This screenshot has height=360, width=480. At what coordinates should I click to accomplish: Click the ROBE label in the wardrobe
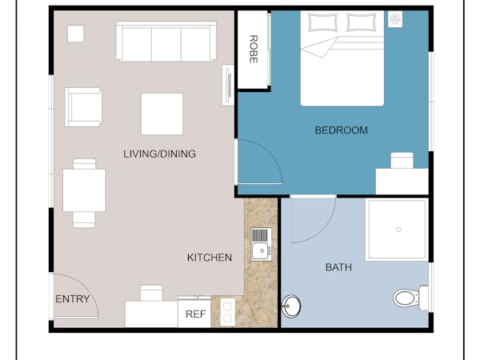(x=253, y=50)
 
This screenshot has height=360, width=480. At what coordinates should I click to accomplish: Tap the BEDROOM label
(x=341, y=130)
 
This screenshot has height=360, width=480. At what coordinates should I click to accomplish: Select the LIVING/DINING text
(x=159, y=154)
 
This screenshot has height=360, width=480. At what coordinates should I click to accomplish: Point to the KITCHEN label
(x=210, y=258)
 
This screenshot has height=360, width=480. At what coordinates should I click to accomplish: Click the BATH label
(x=338, y=267)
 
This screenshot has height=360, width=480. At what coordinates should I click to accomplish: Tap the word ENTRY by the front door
(x=73, y=298)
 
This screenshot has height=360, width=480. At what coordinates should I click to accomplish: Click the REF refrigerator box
(x=194, y=314)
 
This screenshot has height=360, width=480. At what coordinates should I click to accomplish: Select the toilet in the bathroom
(x=410, y=298)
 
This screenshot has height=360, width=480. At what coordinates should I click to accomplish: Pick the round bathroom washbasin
(x=291, y=306)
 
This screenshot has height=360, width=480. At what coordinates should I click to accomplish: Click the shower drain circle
(x=398, y=230)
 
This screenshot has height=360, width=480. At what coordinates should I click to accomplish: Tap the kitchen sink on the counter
(x=262, y=244)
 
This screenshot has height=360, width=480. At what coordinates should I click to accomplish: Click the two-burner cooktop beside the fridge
(x=227, y=312)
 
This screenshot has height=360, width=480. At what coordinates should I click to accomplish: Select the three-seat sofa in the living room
(x=166, y=42)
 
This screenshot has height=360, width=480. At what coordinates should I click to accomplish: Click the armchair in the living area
(x=83, y=107)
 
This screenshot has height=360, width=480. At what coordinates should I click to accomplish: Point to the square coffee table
(x=162, y=114)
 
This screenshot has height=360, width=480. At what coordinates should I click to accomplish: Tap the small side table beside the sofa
(x=76, y=34)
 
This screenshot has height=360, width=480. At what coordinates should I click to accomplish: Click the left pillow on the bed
(x=321, y=22)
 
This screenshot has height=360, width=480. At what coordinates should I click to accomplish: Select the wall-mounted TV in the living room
(x=228, y=85)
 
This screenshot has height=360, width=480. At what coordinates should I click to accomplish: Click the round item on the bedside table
(x=395, y=19)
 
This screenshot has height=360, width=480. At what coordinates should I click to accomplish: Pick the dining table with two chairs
(x=84, y=193)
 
